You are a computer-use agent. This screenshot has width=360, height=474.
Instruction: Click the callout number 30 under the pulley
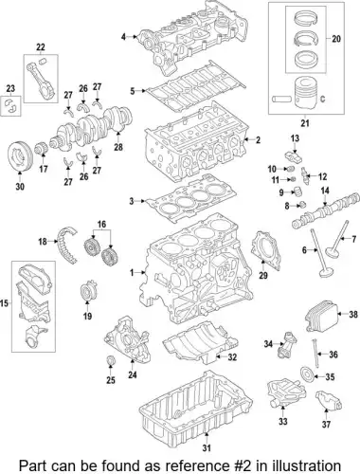[20, 187]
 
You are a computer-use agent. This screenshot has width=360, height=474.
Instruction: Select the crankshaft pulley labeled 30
[20, 156]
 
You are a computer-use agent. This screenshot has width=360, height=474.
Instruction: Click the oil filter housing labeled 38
[320, 313]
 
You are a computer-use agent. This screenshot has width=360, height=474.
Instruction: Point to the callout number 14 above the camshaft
[325, 191]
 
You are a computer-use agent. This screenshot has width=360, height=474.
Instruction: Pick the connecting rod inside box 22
[40, 79]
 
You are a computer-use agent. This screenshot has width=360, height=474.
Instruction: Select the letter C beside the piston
[322, 99]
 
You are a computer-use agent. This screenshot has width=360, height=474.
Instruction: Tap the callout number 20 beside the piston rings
[336, 39]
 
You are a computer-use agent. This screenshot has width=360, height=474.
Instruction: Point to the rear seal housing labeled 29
[265, 250]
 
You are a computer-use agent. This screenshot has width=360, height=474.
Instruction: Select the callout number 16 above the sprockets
[101, 225]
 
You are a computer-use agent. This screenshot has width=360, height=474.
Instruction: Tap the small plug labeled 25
[111, 360]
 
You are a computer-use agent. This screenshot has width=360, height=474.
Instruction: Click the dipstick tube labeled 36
[315, 353]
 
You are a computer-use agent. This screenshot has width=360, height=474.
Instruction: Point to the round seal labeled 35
[307, 376]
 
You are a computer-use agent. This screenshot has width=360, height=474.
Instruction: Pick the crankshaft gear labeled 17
[42, 149]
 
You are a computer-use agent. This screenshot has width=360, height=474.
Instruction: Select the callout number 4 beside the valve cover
[123, 37]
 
